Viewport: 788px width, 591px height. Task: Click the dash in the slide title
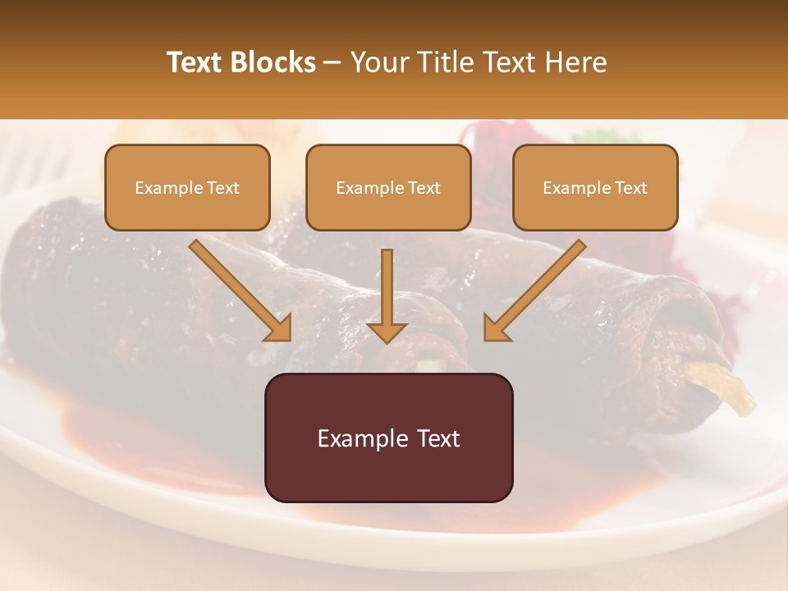tap(333, 63)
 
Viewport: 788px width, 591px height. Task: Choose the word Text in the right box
tap(630, 188)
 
